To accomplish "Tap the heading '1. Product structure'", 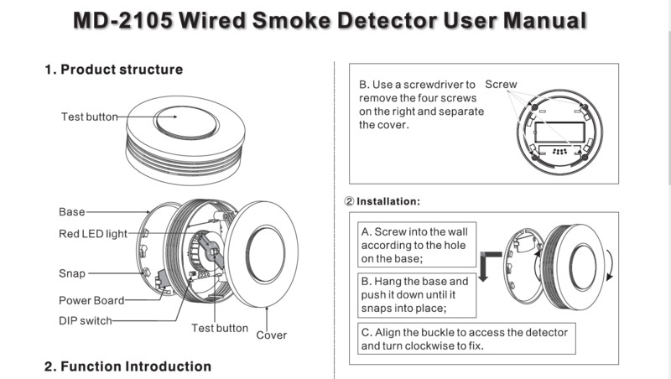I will pos(113,70).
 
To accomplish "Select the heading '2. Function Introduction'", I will pos(127,366).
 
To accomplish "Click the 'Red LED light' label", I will pos(92,233).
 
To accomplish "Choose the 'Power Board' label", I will pos(91,300).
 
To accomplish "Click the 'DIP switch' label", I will pos(85,320).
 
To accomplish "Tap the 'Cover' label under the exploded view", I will pos(271,335).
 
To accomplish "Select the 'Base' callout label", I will pos(71,212).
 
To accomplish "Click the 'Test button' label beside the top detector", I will pos(89,117).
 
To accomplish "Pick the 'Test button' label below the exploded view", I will pos(220,328).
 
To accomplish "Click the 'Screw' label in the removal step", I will pos(501,85).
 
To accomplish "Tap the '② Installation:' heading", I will pos(382,202).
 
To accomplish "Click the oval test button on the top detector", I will pos(185,122).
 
